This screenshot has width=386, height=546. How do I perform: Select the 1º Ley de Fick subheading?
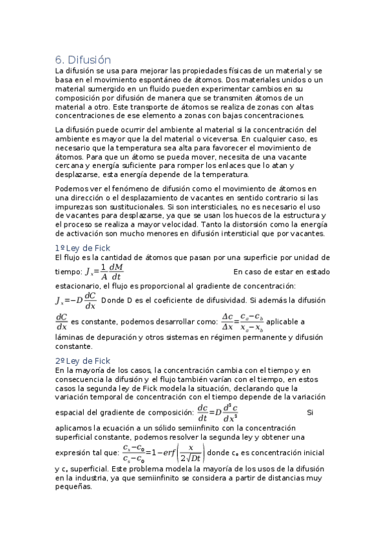tap(82, 248)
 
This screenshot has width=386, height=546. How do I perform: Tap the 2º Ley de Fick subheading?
tap(82, 361)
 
